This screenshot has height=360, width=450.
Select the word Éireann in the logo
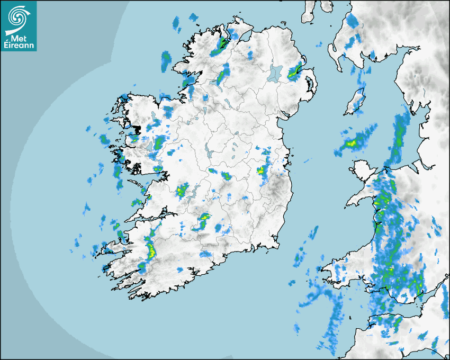pos(19,46)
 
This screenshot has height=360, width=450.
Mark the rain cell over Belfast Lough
pos(295,72)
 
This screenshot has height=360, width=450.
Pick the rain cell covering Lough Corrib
pos(157,142)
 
